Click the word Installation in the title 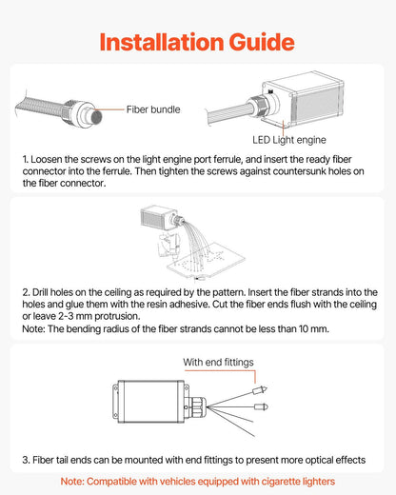coord(162,42)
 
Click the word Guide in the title coord(262,42)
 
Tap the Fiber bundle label coord(153,109)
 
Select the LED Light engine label coord(289,140)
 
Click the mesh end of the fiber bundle coord(96,117)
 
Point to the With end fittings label coord(218,362)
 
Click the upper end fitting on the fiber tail coord(260,389)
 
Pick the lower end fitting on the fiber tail coord(261,406)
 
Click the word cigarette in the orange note coord(280,482)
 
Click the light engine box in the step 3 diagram coord(150,402)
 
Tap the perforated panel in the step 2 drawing coord(207,260)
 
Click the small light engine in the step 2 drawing coord(159,218)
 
